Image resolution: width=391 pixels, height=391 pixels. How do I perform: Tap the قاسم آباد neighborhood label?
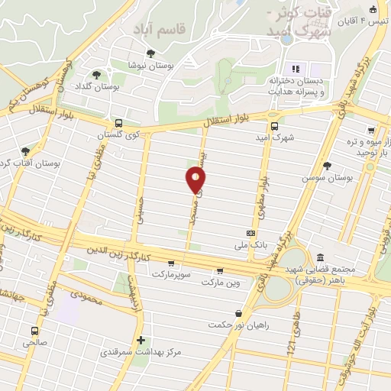[162, 28]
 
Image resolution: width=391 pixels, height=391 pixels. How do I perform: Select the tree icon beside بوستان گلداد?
[96, 75]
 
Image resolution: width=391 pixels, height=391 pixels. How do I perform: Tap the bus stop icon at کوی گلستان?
[118, 123]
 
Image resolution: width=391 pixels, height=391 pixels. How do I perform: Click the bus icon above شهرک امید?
[274, 128]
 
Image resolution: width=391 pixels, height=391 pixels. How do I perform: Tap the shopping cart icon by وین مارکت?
[221, 270]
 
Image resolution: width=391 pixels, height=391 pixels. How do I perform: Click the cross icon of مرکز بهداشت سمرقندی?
[140, 341]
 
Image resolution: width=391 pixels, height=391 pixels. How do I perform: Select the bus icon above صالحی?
[35, 331]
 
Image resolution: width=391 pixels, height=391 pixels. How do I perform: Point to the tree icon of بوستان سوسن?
[328, 165]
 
